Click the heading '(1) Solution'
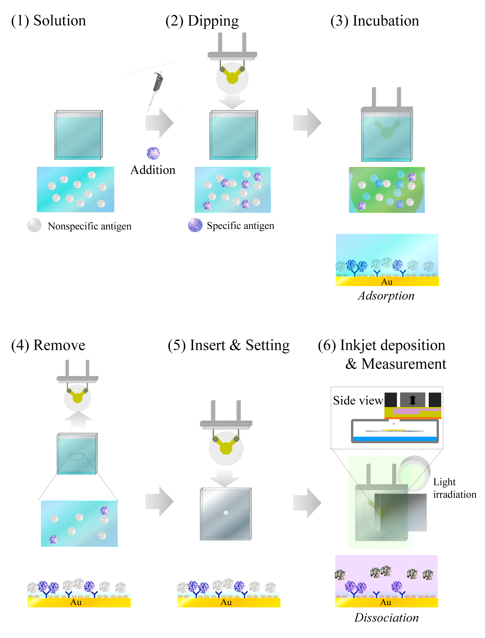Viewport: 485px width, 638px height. coord(49,21)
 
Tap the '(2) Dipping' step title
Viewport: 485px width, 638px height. coord(202,21)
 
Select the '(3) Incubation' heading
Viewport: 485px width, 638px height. coord(374,21)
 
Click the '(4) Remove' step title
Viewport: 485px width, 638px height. coord(48,345)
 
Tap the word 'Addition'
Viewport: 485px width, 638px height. coord(153,170)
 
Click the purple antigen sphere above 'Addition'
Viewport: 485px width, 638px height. coord(153,153)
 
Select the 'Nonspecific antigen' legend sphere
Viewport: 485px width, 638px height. coord(34,225)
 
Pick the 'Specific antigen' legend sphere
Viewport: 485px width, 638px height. coord(195,225)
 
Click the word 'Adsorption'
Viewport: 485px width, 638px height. coord(386,296)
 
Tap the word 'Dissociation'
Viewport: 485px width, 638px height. coord(386,617)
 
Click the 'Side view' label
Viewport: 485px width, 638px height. coord(358,400)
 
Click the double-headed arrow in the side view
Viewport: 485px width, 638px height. coord(413,400)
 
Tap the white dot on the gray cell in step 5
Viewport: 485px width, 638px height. coord(226,512)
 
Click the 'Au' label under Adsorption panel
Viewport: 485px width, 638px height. coord(386,282)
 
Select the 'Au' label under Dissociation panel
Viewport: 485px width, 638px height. coord(386,602)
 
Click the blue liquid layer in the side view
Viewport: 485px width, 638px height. coord(395,439)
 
